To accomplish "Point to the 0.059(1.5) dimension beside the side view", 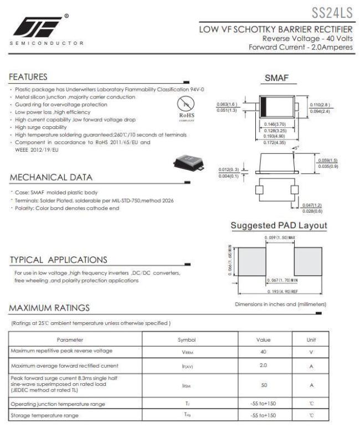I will [x=327, y=161].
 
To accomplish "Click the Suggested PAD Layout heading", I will [x=279, y=225].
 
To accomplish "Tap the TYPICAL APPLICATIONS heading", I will [x=57, y=260].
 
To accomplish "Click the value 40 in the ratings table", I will [x=263, y=352].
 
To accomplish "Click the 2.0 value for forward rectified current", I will [x=263, y=365].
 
